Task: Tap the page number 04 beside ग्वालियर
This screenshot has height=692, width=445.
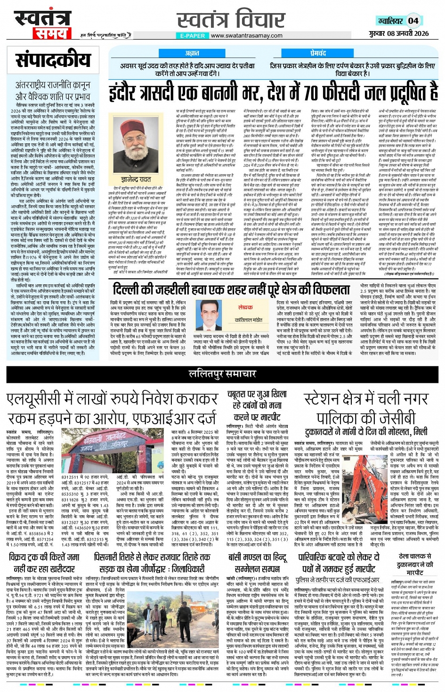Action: coord(413,20)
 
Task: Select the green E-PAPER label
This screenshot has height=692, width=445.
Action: coord(193,36)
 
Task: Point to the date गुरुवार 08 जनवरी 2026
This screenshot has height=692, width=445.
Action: coord(398,33)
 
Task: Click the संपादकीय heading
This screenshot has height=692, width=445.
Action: coord(53,61)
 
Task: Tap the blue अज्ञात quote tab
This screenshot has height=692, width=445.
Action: coord(192,53)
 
